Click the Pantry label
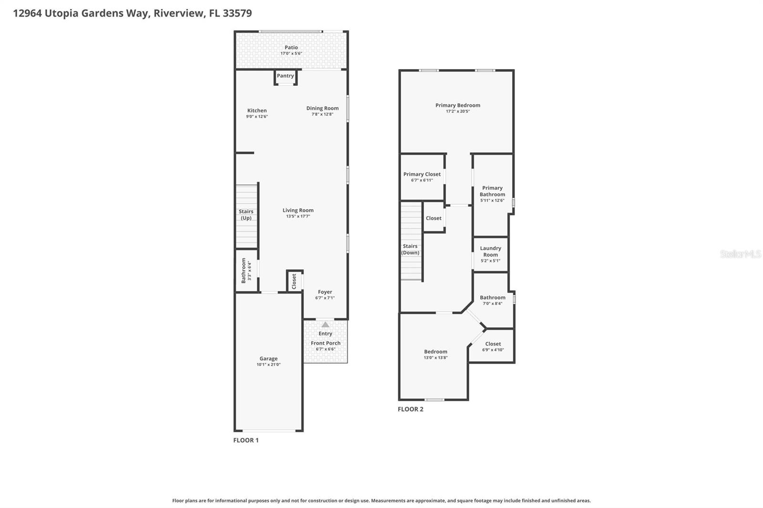pos(285,76)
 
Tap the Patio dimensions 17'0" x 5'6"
pos(291,53)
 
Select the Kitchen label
pos(257,111)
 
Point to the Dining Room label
pos(322,108)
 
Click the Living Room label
pos(298,210)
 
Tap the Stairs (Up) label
pos(246,214)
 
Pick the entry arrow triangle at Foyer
pos(325,325)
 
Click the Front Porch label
pos(325,343)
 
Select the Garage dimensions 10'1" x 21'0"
pos(268,365)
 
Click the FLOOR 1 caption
pos(246,440)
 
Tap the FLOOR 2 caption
pos(410,409)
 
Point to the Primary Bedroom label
pos(457,105)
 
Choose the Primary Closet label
pos(422,174)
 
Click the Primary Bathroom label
pos(492,191)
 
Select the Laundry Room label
pos(490,251)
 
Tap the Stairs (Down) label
pos(410,249)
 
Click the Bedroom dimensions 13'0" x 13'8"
pos(435,358)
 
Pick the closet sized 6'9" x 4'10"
pos(493,346)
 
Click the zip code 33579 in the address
pos(237,13)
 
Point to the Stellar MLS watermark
pos(740,254)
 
